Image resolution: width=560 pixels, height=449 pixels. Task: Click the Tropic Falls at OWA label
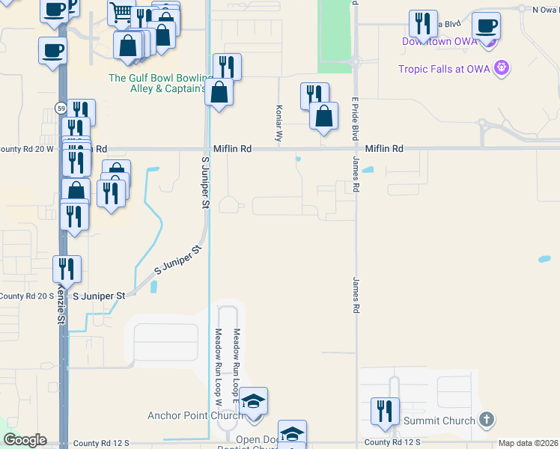coord(446,70)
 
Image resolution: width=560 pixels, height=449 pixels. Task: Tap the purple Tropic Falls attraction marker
coord(502,69)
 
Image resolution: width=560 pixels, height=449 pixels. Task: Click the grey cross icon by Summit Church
coord(486,420)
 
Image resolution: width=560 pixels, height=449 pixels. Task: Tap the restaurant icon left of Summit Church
coord(385,411)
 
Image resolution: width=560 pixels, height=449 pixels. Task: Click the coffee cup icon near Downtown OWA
coord(487,25)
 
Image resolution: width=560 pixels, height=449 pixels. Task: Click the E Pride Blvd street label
coord(353,120)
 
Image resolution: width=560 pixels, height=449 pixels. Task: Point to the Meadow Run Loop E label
coord(237,352)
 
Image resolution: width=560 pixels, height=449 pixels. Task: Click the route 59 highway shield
coord(60,109)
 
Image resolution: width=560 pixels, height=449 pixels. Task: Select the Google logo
coord(25,440)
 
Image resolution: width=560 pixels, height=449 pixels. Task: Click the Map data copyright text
coord(527,444)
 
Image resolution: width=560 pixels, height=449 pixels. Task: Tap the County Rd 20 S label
coord(27,296)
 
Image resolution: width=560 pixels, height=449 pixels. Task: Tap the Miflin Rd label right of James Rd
coord(384,149)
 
